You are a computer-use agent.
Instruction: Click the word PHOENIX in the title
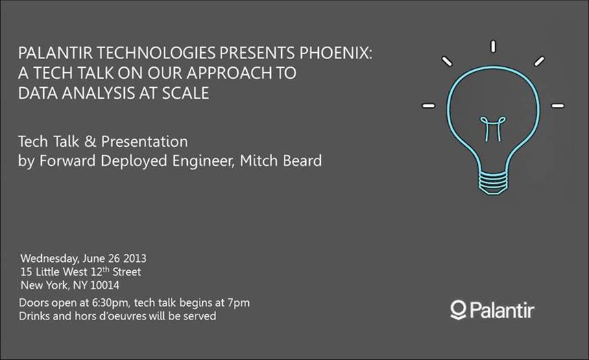point(335,53)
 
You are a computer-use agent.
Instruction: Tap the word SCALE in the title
point(185,93)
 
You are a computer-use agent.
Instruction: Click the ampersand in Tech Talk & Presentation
point(90,142)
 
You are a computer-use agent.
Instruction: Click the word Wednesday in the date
point(49,259)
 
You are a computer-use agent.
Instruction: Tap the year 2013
point(135,259)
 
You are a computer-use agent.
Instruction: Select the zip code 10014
point(105,285)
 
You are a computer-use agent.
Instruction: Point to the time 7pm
point(239,303)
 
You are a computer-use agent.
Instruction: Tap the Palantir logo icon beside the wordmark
point(458,310)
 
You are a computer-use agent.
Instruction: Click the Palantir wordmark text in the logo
point(501,311)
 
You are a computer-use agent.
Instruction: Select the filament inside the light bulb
point(493,128)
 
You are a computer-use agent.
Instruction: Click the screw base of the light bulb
point(492,182)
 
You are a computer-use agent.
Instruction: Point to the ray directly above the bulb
point(493,47)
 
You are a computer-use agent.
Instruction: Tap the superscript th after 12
point(106,269)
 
